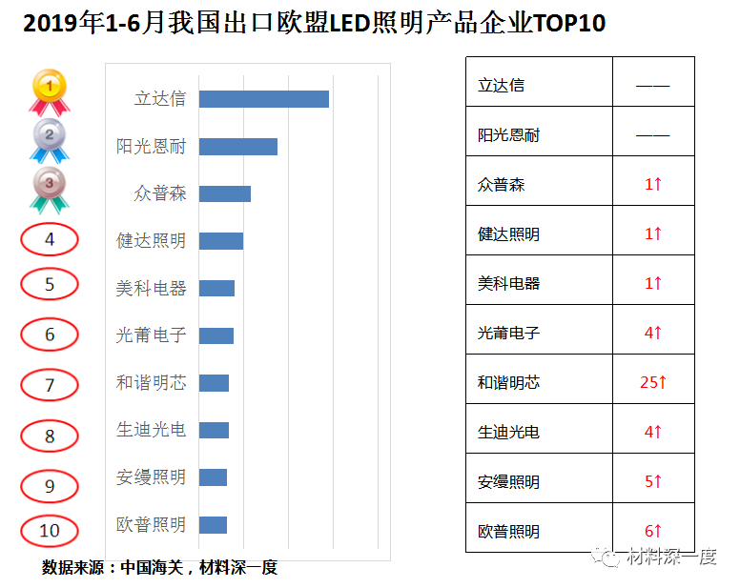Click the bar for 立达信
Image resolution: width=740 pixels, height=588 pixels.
coord(264,99)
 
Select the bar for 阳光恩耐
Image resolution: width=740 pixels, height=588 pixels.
coord(238,147)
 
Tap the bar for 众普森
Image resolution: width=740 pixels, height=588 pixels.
coord(225,193)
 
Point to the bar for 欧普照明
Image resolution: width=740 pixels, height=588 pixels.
coord(213,525)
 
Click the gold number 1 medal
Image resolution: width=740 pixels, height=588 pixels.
coord(49,91)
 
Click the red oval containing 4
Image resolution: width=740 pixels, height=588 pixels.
coord(50,239)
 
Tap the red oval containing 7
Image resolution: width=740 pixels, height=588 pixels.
coord(50,385)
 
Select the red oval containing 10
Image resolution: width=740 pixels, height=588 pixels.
coord(50,531)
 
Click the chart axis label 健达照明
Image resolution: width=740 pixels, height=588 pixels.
coord(151,240)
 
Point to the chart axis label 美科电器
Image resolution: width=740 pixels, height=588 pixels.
coord(151,288)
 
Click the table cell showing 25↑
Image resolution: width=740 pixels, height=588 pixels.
coord(653,382)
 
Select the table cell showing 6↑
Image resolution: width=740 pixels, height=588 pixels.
coord(653,531)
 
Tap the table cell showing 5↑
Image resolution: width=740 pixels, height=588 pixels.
coord(653,481)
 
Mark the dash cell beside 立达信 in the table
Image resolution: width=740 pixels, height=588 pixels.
coord(653,85)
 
